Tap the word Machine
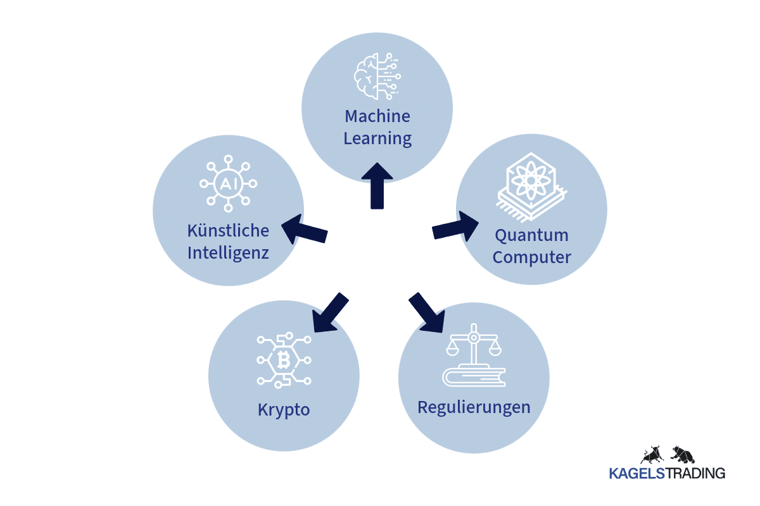point(377,116)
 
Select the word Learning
point(377,138)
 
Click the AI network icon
point(228,184)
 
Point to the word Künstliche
point(228,230)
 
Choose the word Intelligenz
point(228,253)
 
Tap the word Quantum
point(532,235)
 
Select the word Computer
point(532,257)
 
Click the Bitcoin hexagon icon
point(284,360)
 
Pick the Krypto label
point(284,409)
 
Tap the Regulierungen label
point(474,407)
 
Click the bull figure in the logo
point(650,454)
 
